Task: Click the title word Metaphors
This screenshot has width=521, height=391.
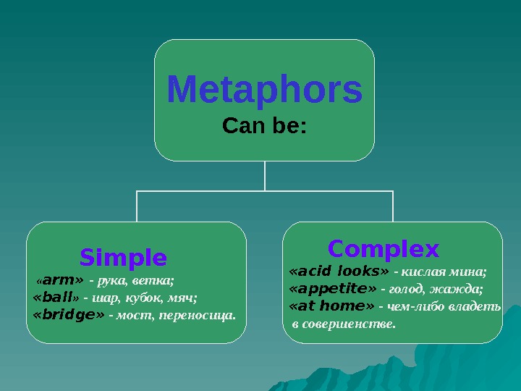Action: [x=264, y=91]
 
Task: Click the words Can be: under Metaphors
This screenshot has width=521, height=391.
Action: [x=264, y=127]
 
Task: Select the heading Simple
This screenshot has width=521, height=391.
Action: [x=123, y=257]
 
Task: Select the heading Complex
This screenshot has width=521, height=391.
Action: [x=383, y=249]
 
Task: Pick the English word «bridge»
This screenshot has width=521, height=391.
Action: [x=69, y=315]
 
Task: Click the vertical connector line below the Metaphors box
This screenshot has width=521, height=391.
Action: [x=265, y=175]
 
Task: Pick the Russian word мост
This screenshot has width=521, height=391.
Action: [x=130, y=316]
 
